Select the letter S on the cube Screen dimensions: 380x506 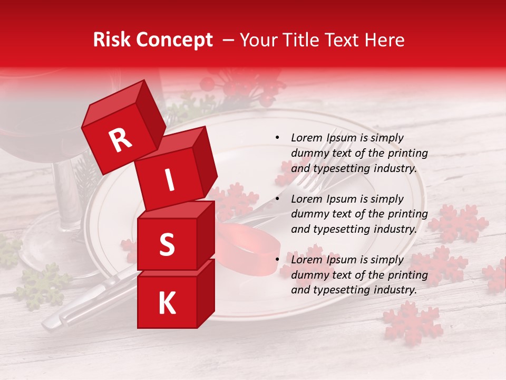click(x=167, y=244)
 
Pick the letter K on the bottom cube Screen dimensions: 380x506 click(x=167, y=303)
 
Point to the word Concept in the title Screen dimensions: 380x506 click(x=174, y=41)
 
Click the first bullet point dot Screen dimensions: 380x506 click(x=277, y=138)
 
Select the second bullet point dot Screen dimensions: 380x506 click(x=277, y=199)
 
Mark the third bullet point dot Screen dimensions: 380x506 click(x=277, y=260)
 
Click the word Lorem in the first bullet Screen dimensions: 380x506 click(x=307, y=138)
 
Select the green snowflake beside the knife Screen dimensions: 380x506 click(x=42, y=285)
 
